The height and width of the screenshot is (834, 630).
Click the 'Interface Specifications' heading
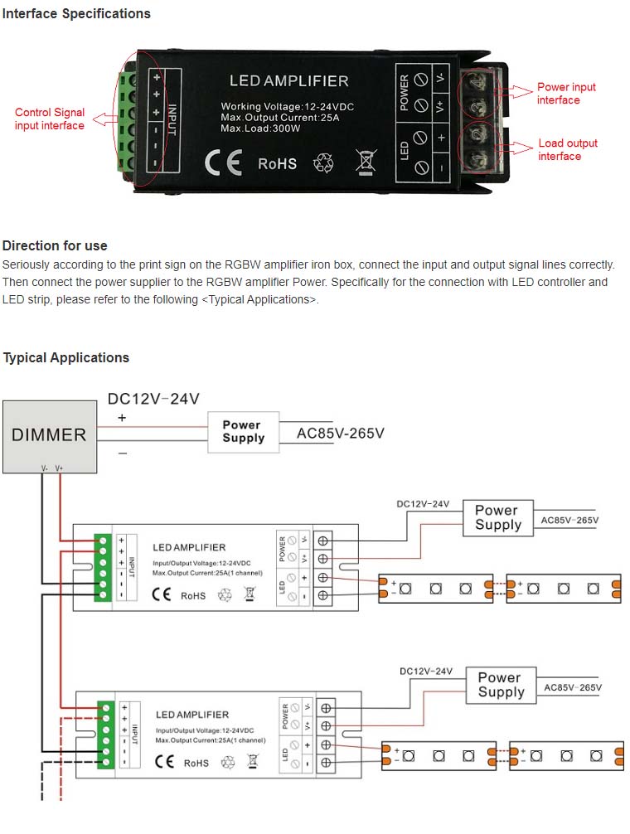[x=76, y=14]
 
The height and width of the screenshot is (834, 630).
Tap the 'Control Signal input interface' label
[x=50, y=119]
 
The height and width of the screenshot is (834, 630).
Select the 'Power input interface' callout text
[x=566, y=94]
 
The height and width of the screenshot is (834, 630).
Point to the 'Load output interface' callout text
[x=568, y=150]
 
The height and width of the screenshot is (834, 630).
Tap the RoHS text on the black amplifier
[x=277, y=163]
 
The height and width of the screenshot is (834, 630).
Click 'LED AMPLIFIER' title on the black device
[x=288, y=81]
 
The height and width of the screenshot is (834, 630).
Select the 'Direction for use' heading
[x=55, y=246]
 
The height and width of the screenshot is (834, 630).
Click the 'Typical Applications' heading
[x=66, y=358]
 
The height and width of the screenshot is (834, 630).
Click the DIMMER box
[x=49, y=434]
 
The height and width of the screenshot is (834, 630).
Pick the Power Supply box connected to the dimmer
[x=243, y=431]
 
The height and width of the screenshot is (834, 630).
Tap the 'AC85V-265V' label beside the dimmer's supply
[x=340, y=433]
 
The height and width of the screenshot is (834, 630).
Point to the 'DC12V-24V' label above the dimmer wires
[x=153, y=399]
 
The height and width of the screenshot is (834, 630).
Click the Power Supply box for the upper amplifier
[x=497, y=518]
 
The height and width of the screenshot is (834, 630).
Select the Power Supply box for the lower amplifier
[x=501, y=685]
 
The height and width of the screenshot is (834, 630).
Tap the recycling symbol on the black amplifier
[x=323, y=162]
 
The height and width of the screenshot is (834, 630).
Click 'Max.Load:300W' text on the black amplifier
[x=260, y=128]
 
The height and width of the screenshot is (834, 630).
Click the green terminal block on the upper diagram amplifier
[x=104, y=566]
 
